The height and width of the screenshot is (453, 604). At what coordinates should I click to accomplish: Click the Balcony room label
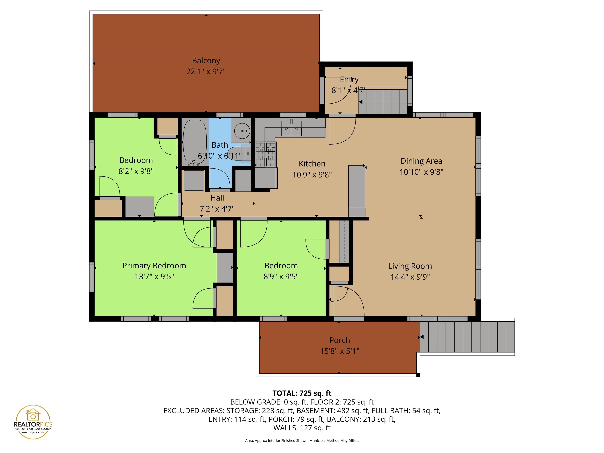(206, 61)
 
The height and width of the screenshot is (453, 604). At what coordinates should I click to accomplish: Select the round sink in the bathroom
(242, 131)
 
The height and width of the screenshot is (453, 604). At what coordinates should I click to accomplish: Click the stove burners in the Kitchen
(265, 154)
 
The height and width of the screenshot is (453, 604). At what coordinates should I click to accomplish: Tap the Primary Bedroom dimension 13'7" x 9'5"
(154, 277)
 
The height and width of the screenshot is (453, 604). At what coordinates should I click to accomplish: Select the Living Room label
(410, 266)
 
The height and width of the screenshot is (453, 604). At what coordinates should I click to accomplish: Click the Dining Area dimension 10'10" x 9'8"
(421, 172)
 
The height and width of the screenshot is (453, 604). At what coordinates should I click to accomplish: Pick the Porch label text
(339, 340)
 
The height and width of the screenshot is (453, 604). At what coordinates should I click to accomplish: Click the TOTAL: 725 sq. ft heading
(302, 393)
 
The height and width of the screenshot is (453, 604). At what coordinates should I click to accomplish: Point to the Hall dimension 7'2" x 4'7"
(217, 209)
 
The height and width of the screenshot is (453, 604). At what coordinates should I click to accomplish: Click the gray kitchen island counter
(357, 190)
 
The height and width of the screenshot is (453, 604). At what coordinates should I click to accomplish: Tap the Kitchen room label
(312, 164)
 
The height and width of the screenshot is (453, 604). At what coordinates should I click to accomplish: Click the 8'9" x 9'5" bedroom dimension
(281, 277)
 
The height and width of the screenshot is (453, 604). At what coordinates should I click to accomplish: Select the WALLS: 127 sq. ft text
(302, 428)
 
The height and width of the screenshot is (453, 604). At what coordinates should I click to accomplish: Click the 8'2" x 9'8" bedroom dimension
(136, 171)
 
